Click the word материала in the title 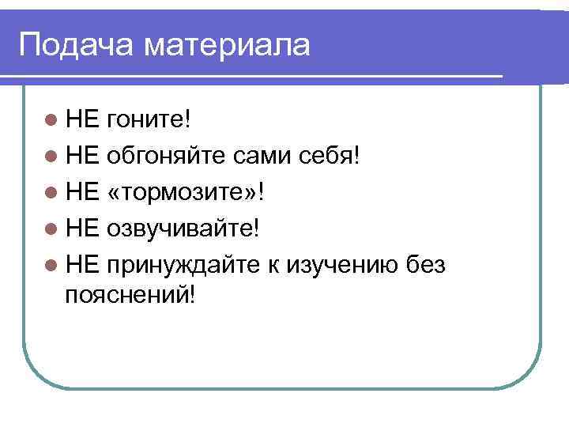(x=227, y=44)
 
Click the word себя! (x=332, y=155)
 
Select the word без (x=425, y=263)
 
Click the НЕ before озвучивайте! (x=81, y=228)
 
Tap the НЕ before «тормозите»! (x=81, y=191)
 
